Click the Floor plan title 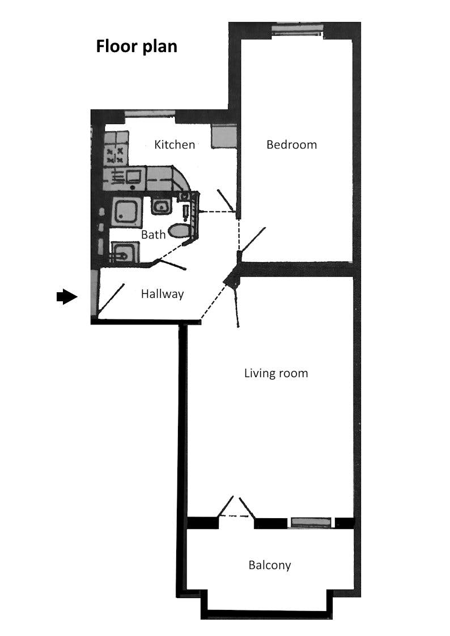pos(137,46)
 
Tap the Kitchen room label pos(175,144)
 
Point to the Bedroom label pos(291,144)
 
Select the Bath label pos(153,234)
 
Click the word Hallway pos(162,294)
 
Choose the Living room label pos(276,373)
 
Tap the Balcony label pos(270,565)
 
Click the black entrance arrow pos(67,297)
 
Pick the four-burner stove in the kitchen pos(115,155)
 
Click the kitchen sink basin pos(134,177)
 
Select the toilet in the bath pos(179,231)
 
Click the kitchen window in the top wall pos(150,114)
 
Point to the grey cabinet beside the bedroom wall pos(223,136)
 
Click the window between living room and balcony pos(311,522)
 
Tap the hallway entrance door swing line pos(111,298)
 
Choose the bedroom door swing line pos(252,240)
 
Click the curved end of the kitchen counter pos(181,179)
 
